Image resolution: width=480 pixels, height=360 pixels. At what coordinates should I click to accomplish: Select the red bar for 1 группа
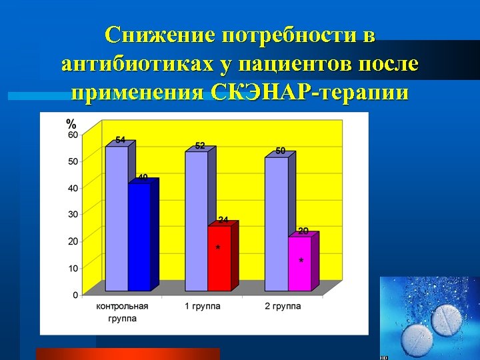tap(219, 258)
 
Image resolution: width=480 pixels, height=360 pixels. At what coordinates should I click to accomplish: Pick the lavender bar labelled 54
tap(117, 219)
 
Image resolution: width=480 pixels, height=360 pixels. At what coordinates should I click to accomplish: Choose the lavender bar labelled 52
tap(196, 221)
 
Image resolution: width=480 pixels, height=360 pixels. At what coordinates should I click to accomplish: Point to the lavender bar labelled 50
tap(276, 224)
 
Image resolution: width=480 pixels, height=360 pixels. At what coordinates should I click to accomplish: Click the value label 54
tap(121, 140)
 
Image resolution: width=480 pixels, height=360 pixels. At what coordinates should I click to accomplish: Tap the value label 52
tap(200, 145)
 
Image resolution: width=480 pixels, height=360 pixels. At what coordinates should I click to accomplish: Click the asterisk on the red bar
tap(218, 248)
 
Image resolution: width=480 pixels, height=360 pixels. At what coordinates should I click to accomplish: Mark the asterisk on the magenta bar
tap(301, 261)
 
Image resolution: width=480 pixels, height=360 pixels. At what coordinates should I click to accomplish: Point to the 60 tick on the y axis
tap(72, 134)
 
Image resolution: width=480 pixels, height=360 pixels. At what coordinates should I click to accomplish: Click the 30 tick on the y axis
tap(72, 214)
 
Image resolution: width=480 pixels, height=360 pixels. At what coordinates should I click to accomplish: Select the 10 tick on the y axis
tap(72, 267)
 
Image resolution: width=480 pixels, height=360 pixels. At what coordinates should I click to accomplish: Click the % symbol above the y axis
tap(71, 123)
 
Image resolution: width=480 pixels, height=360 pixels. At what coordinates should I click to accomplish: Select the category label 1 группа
tap(203, 307)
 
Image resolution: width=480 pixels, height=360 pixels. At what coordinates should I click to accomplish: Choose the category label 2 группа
tap(283, 307)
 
